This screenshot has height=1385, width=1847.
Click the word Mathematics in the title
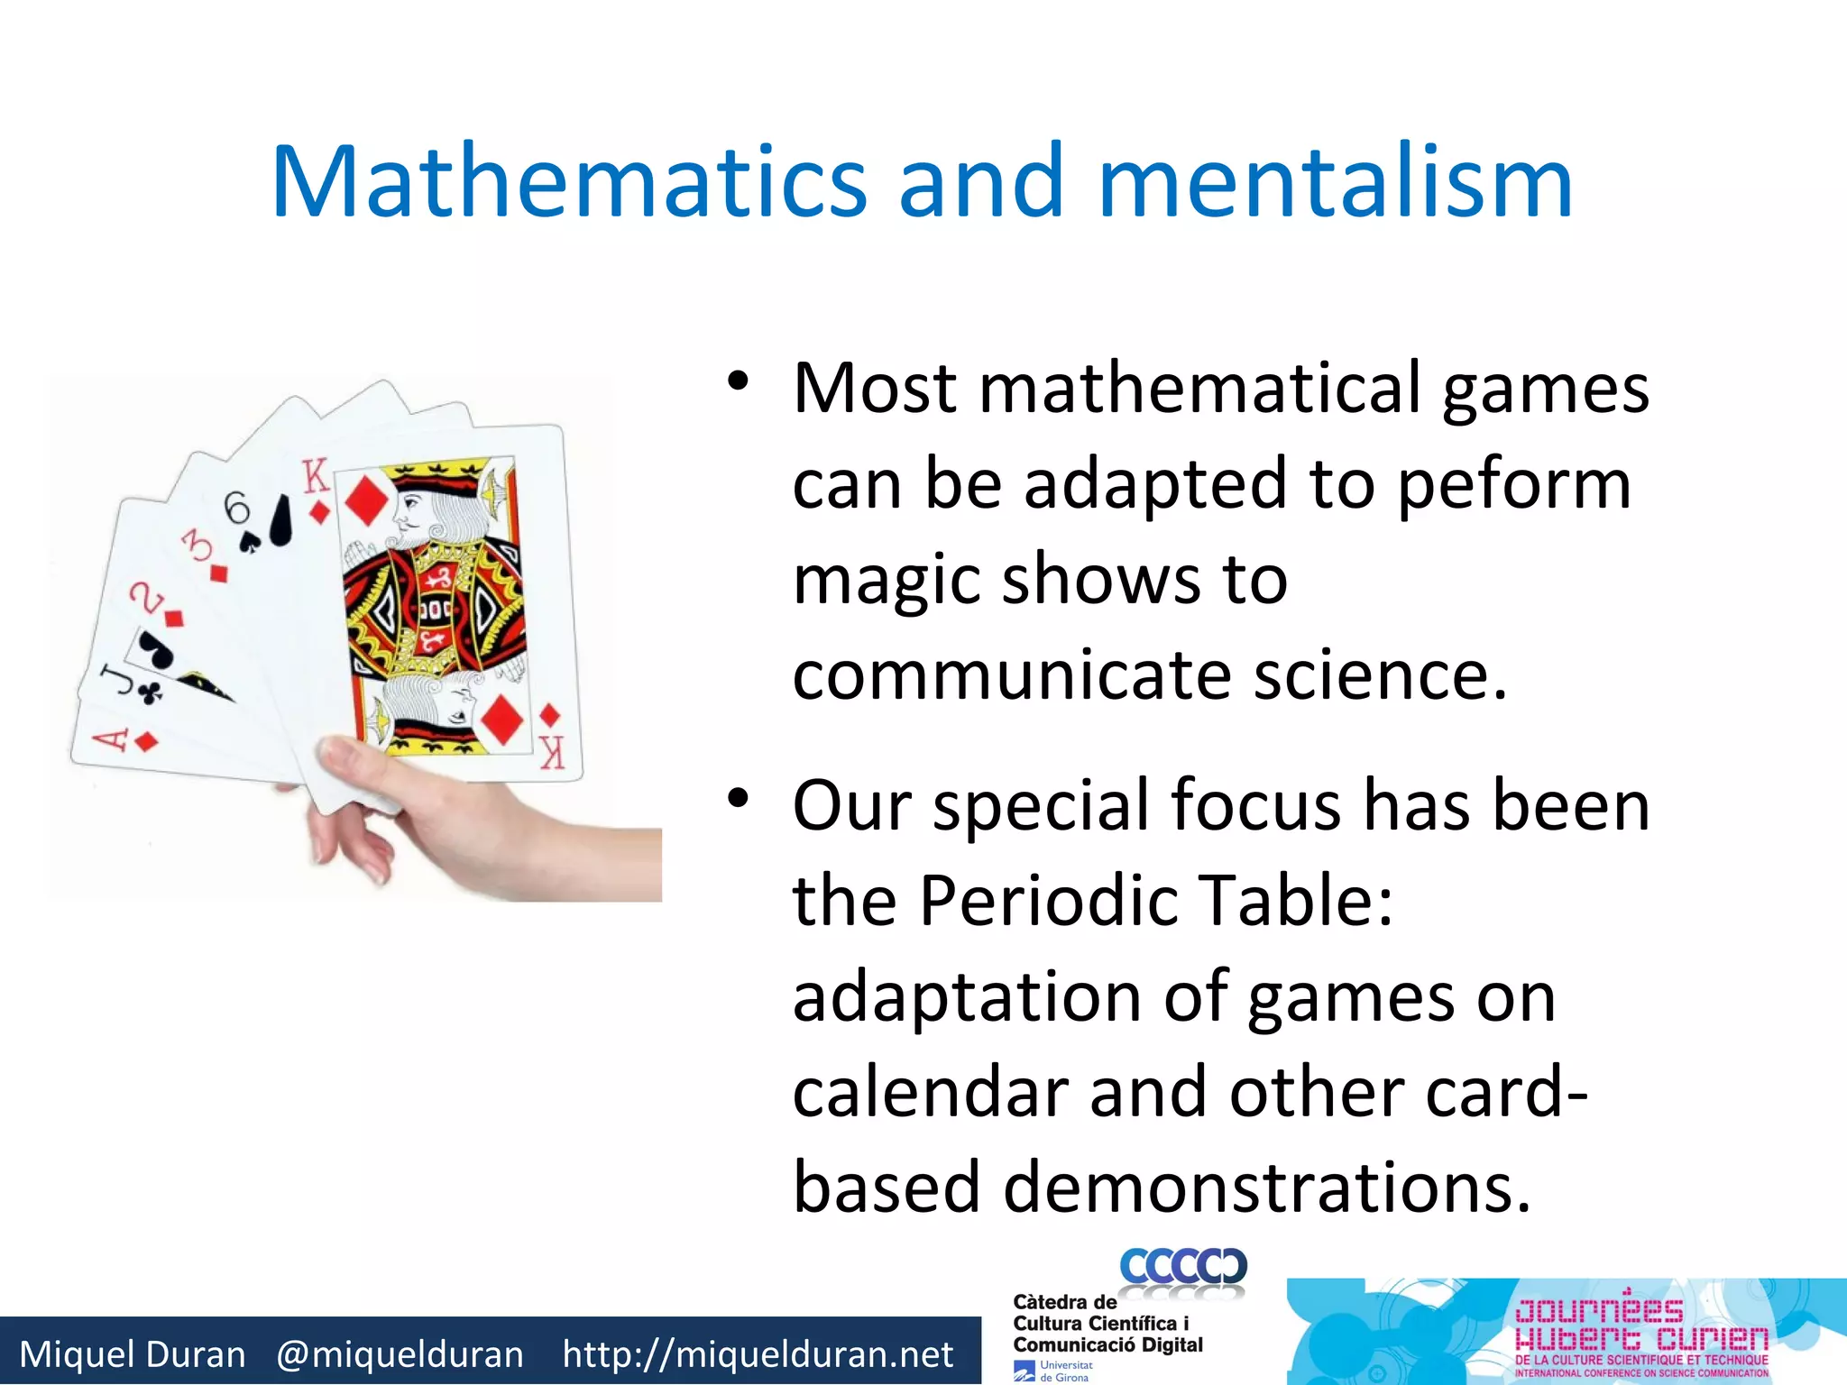click(x=568, y=183)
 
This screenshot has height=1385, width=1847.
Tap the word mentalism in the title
click(x=1335, y=183)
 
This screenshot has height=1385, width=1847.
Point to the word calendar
click(x=929, y=1093)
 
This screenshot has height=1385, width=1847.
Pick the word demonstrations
click(x=1267, y=1188)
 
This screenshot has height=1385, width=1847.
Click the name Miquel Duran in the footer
click(x=133, y=1354)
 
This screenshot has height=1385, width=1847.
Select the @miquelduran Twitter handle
click(x=400, y=1354)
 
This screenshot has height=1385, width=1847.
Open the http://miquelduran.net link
click(x=758, y=1354)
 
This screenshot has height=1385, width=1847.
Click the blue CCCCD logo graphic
click(x=1183, y=1267)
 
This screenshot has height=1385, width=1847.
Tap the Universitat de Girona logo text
click(x=1064, y=1371)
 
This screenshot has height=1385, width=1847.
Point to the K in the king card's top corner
click(x=316, y=477)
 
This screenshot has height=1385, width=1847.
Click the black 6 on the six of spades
click(x=237, y=508)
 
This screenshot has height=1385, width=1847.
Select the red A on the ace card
click(x=112, y=739)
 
